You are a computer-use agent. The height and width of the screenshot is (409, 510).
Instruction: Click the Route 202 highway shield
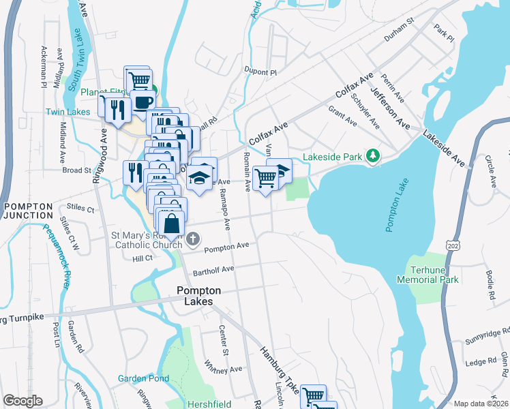pos(452,244)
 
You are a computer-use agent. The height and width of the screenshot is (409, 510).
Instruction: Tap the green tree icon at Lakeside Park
pos(372,157)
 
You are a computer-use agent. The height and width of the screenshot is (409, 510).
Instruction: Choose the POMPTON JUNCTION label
pos(27,211)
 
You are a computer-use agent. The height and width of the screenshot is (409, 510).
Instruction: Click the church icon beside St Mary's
pos(194,239)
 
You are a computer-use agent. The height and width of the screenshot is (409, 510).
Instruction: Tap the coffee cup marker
pos(143,102)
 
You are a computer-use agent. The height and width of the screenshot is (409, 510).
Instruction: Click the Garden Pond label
pos(143,378)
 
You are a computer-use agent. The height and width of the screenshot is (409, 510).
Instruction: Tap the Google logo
pos(23,401)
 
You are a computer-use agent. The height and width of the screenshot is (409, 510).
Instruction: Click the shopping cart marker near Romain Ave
pos(265,178)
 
